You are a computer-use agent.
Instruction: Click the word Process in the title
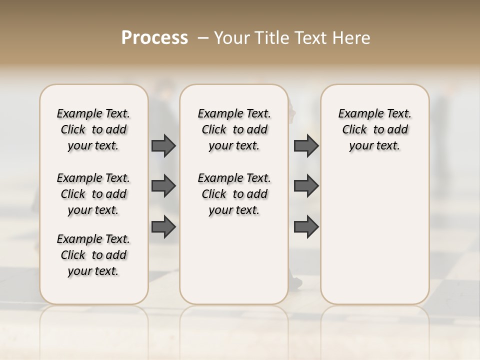coord(154,38)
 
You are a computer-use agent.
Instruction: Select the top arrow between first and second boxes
coord(163,145)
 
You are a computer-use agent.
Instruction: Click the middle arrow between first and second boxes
coord(163,186)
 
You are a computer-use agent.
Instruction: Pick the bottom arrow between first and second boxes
coord(163,227)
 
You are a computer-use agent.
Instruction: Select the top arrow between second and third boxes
coord(306,145)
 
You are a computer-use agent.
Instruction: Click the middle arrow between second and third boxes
coord(306,186)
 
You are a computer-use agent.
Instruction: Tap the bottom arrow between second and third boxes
coord(306,227)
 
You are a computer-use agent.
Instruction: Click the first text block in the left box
coord(93,129)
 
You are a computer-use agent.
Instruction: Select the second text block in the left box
coord(93,194)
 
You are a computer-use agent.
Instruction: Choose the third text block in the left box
coord(93,255)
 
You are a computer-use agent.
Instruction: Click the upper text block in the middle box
coord(234,129)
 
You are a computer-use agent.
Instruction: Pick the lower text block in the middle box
coord(234,194)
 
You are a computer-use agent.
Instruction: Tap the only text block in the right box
coord(374,129)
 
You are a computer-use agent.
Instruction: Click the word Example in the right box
coord(360,114)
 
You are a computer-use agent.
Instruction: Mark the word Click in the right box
coord(354,129)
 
